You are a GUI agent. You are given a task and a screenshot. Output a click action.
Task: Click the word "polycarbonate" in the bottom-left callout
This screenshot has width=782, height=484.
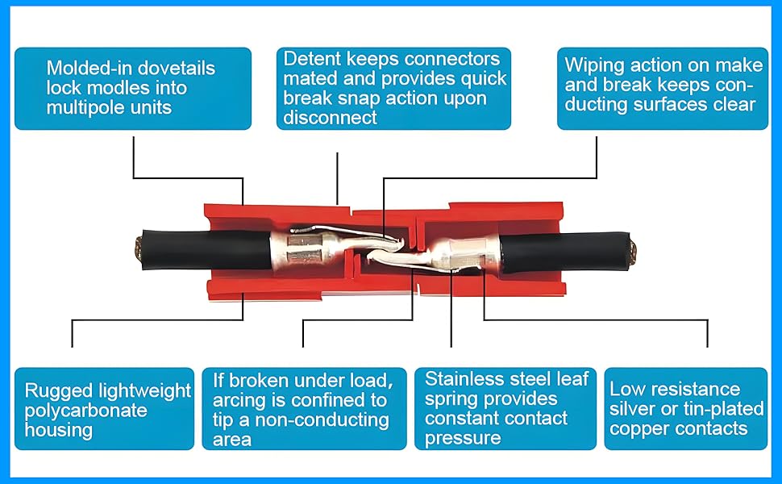(86, 410)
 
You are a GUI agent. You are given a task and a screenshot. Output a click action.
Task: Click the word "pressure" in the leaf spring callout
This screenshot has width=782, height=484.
(462, 438)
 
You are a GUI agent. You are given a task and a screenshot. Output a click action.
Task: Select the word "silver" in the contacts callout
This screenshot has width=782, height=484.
(631, 409)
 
